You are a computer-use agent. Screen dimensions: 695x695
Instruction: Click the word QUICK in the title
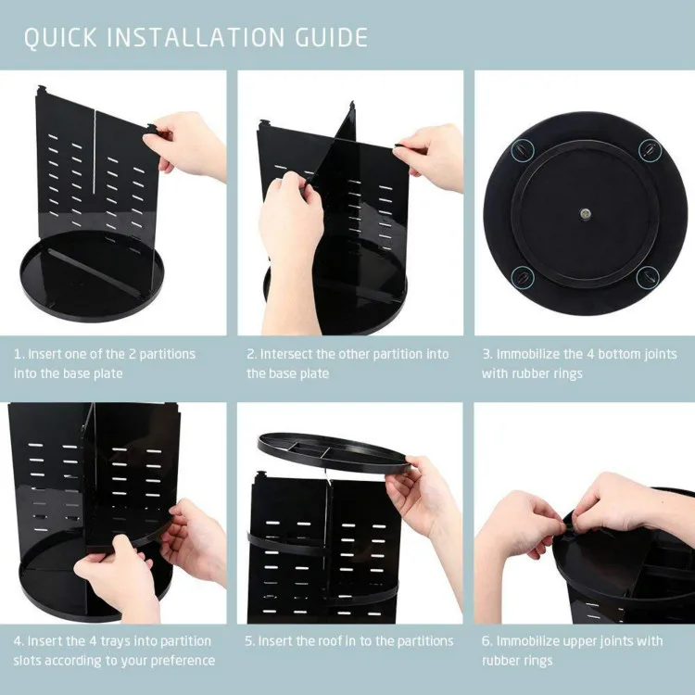click(61, 38)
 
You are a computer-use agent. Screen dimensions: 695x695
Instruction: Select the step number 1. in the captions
click(19, 354)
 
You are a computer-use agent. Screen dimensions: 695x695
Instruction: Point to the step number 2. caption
click(251, 354)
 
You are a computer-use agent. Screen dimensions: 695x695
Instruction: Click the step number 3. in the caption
click(486, 354)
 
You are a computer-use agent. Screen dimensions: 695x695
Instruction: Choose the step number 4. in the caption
click(19, 641)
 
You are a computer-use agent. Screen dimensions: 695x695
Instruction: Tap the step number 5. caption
click(250, 641)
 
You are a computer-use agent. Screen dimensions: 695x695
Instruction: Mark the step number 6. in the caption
click(486, 641)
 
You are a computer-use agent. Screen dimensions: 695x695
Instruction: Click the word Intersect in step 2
click(289, 354)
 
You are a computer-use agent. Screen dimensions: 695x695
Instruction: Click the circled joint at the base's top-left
click(523, 147)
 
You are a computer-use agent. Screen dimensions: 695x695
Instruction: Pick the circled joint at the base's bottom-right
click(650, 274)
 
